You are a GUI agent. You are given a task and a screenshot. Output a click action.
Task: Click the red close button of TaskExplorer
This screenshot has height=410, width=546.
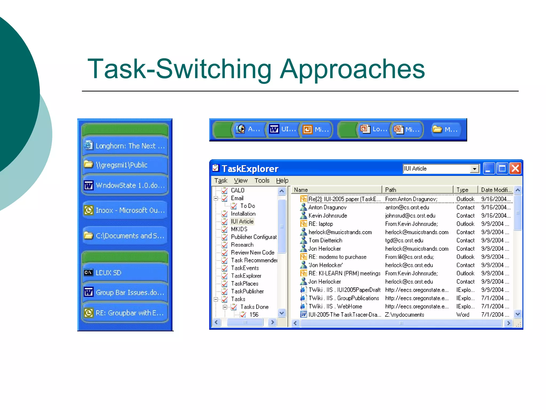[515, 169]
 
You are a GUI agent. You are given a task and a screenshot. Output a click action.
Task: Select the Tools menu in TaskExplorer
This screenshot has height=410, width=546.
[262, 181]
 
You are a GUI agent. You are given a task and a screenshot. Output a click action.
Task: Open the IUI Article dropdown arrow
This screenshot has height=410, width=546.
[474, 169]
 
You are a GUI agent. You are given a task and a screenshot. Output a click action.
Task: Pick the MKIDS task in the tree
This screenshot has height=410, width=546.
[239, 229]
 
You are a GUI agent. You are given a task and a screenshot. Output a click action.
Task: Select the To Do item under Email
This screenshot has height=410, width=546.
[247, 206]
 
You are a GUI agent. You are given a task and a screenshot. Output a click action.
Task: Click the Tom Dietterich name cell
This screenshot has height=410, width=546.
[325, 241]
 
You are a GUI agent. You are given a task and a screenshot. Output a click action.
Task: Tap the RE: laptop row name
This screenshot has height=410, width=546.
[321, 224]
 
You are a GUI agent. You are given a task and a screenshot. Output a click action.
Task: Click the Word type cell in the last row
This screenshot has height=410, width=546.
[463, 315]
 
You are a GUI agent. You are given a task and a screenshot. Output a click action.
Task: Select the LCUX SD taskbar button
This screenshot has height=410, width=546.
[125, 273]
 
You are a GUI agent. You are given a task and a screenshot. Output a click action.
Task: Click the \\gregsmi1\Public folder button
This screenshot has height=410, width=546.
[125, 165]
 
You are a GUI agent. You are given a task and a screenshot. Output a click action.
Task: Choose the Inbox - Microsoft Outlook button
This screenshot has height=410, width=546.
[125, 210]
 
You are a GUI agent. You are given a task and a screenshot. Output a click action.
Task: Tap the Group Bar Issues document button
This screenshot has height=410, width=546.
[125, 293]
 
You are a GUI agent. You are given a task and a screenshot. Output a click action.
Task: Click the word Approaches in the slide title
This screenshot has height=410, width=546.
[352, 69]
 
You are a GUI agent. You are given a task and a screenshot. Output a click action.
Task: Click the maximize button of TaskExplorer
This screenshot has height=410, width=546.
[502, 169]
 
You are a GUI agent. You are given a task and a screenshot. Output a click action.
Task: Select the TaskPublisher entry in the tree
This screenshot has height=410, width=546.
[247, 291]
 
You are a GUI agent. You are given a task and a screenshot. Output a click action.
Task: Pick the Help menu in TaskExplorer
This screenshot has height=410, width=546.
[282, 181]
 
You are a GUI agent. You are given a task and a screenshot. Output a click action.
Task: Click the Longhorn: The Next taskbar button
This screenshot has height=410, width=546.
[125, 146]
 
